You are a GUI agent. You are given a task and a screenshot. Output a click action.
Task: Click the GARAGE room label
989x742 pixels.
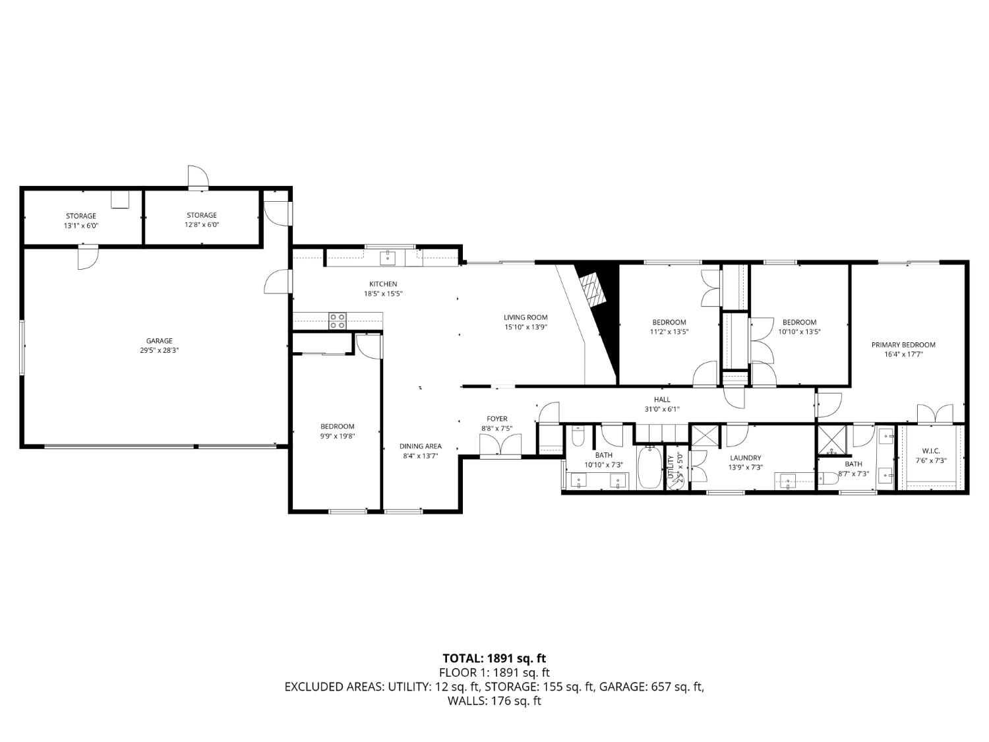[159, 341]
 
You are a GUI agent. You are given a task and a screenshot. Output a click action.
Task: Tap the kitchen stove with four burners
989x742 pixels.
[338, 321]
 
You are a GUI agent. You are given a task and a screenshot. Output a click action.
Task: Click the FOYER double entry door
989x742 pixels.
[500, 447]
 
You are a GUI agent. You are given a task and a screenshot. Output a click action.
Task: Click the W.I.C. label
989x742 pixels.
[930, 450]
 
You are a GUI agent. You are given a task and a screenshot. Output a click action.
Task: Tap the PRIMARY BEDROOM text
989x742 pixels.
[903, 345]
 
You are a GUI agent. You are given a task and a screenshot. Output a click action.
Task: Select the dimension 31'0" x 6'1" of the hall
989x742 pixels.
[662, 409]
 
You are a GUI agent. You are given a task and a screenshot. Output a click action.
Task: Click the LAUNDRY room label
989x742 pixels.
[745, 458]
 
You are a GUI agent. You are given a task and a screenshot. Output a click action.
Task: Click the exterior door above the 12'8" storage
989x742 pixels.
[198, 177]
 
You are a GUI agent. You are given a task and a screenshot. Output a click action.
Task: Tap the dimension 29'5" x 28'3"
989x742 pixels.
[159, 351]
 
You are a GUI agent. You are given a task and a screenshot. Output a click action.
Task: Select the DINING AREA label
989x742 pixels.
[420, 447]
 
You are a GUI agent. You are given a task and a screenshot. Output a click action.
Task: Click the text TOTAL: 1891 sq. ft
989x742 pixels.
[494, 658]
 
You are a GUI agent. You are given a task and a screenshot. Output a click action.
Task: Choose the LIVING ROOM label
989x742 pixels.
[525, 317]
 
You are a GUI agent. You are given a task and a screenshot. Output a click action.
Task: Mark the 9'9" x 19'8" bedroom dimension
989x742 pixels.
[338, 436]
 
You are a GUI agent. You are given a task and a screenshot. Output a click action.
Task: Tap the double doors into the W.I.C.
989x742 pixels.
[935, 414]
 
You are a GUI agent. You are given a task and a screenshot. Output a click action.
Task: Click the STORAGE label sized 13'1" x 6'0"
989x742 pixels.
[80, 216]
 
